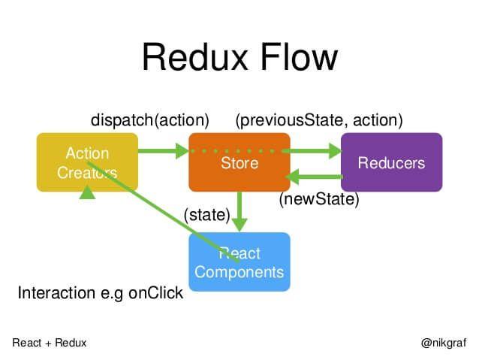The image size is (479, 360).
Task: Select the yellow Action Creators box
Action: pyautogui.click(x=87, y=162)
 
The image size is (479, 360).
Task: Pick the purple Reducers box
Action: pyautogui.click(x=391, y=162)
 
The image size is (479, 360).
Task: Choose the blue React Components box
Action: pyautogui.click(x=239, y=262)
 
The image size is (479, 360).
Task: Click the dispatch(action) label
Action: pyautogui.click(x=149, y=120)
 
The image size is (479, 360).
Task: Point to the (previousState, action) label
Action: pyautogui.click(x=319, y=120)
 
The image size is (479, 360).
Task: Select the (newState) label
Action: pyautogui.click(x=319, y=200)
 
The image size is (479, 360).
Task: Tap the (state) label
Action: pyautogui.click(x=206, y=215)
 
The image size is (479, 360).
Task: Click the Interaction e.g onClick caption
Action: pyautogui.click(x=100, y=293)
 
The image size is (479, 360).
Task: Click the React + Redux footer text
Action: pyautogui.click(x=50, y=343)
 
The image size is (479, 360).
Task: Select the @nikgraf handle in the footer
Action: pyautogui.click(x=444, y=343)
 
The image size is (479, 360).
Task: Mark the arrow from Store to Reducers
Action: pyautogui.click(x=315, y=151)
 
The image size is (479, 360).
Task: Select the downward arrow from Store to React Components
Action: pyautogui.click(x=239, y=212)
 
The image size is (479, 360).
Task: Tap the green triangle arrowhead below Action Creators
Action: pyautogui.click(x=88, y=192)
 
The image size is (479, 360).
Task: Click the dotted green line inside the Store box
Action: pyautogui.click(x=239, y=151)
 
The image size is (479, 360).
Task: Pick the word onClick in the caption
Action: pyautogui.click(x=155, y=293)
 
